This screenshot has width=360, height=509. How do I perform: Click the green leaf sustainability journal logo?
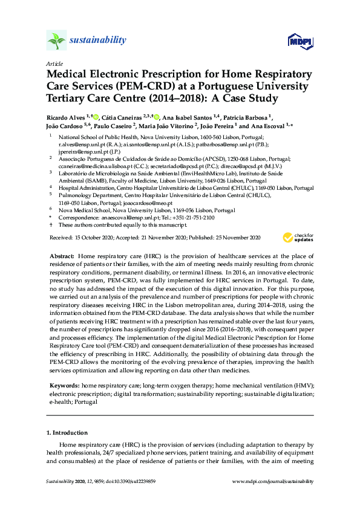point(56,40)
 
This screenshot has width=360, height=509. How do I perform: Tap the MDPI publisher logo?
point(299,41)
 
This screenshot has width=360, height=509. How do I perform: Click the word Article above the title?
point(53,63)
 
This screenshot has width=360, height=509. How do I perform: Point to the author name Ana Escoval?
point(266,126)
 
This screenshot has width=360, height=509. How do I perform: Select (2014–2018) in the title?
point(171,99)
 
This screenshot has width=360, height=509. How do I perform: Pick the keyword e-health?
point(60,401)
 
